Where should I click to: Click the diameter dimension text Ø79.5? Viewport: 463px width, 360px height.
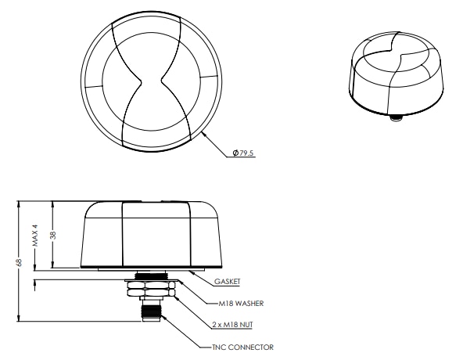(x=244, y=153)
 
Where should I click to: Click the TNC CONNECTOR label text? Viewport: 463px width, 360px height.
(x=242, y=347)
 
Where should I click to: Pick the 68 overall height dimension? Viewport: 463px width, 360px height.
(x=19, y=261)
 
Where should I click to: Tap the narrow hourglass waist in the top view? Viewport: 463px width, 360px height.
(x=155, y=80)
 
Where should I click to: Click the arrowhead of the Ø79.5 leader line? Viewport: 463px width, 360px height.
(x=203, y=133)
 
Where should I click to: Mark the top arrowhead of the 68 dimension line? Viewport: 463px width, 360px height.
(x=19, y=203)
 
